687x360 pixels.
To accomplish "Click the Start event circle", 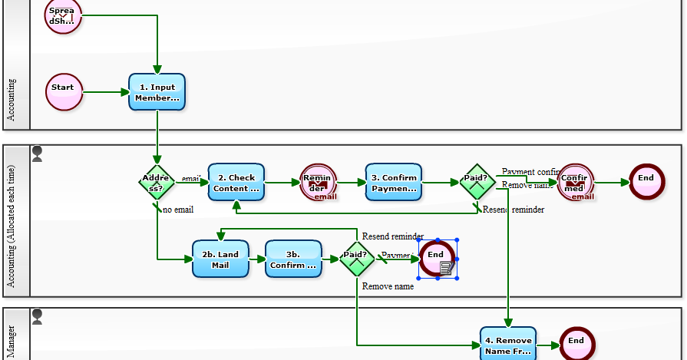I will point(63,92).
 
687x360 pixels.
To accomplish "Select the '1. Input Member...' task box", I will point(157,92).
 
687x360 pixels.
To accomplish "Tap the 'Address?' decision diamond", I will point(157,182).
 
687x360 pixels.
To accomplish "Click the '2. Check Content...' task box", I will point(236,183).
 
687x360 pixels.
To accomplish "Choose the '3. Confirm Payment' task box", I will point(394,183).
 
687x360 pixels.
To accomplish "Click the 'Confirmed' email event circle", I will point(575,183).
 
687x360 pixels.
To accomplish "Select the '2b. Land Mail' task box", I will point(220,259).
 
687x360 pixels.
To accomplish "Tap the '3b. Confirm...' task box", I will point(293,259).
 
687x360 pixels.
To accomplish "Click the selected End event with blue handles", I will point(437,259).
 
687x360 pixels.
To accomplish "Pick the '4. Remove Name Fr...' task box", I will point(508,345).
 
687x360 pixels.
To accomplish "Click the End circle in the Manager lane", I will point(576,344).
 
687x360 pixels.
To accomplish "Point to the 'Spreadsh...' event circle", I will point(63,16).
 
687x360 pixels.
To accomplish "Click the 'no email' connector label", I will point(178,210).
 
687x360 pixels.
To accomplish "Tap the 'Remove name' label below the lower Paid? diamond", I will point(388,286).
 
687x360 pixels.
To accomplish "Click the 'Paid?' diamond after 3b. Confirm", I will point(356,259).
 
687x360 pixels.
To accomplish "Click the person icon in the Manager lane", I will point(37,315).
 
